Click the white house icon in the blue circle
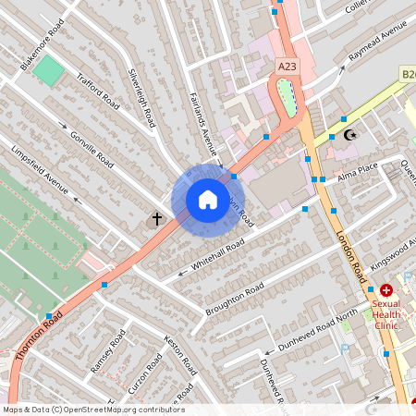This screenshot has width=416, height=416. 207,200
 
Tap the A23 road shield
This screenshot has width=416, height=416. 288,67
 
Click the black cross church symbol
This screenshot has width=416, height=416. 156,220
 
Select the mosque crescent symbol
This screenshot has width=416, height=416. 349,136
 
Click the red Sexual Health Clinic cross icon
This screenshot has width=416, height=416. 386,290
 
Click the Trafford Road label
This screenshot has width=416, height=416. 98,91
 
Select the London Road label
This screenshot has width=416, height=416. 352,255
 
